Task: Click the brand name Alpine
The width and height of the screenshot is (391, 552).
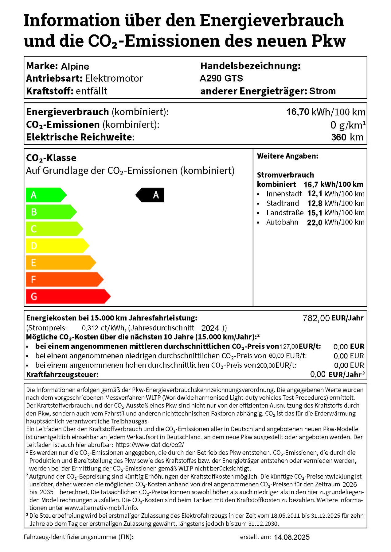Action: pyautogui.click(x=75, y=66)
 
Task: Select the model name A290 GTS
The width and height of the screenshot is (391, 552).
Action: pyautogui.click(x=221, y=78)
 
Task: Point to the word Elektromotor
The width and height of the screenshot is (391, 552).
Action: pyautogui.click(x=114, y=78)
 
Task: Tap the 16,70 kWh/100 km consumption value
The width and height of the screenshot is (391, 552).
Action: pyautogui.click(x=326, y=112)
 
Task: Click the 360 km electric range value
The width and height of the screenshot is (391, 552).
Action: pyautogui.click(x=347, y=137)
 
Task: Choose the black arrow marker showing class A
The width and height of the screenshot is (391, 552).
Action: pyautogui.click(x=150, y=195)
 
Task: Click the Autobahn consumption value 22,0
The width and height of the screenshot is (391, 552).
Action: pyautogui.click(x=315, y=222)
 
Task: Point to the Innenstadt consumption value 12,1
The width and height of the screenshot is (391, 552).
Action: pyautogui.click(x=315, y=194)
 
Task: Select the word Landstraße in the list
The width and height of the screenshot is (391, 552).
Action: pyautogui.click(x=285, y=213)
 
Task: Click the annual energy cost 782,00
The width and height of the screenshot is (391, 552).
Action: pyautogui.click(x=316, y=318)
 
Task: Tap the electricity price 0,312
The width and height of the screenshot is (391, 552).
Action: pyautogui.click(x=90, y=328)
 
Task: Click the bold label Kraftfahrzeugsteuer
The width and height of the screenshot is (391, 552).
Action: pyautogui.click(x=62, y=374)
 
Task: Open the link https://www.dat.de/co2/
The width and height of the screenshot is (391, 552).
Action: pyautogui.click(x=150, y=445)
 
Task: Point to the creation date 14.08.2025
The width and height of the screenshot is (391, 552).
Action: pyautogui.click(x=291, y=537)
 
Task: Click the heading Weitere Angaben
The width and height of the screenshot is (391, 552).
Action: pyautogui.click(x=287, y=156)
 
